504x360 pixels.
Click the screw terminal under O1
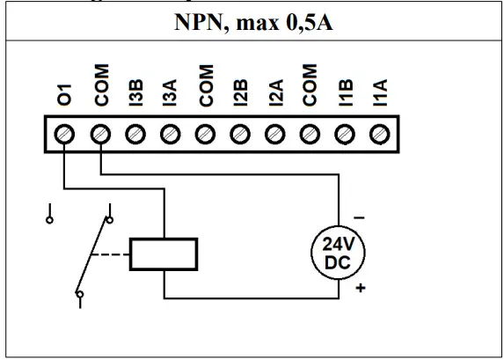coord(65,135)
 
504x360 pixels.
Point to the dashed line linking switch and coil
coord(113,254)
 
